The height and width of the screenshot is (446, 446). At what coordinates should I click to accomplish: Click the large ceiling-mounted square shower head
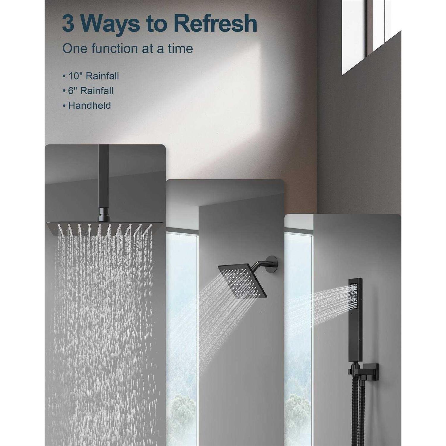click(x=105, y=229)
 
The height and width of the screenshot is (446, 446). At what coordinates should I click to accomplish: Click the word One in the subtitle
click(x=75, y=48)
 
